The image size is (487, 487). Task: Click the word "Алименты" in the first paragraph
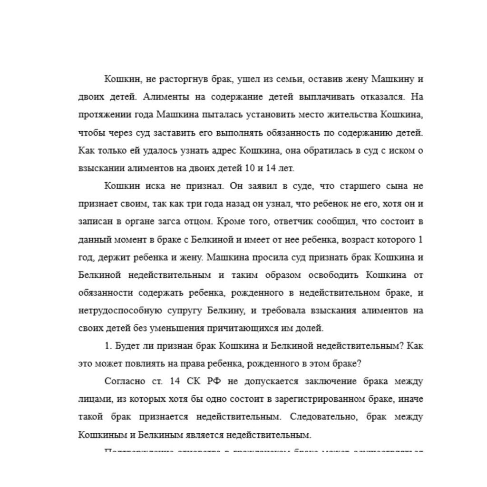tap(166, 97)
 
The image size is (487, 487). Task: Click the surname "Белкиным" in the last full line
tap(153, 435)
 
